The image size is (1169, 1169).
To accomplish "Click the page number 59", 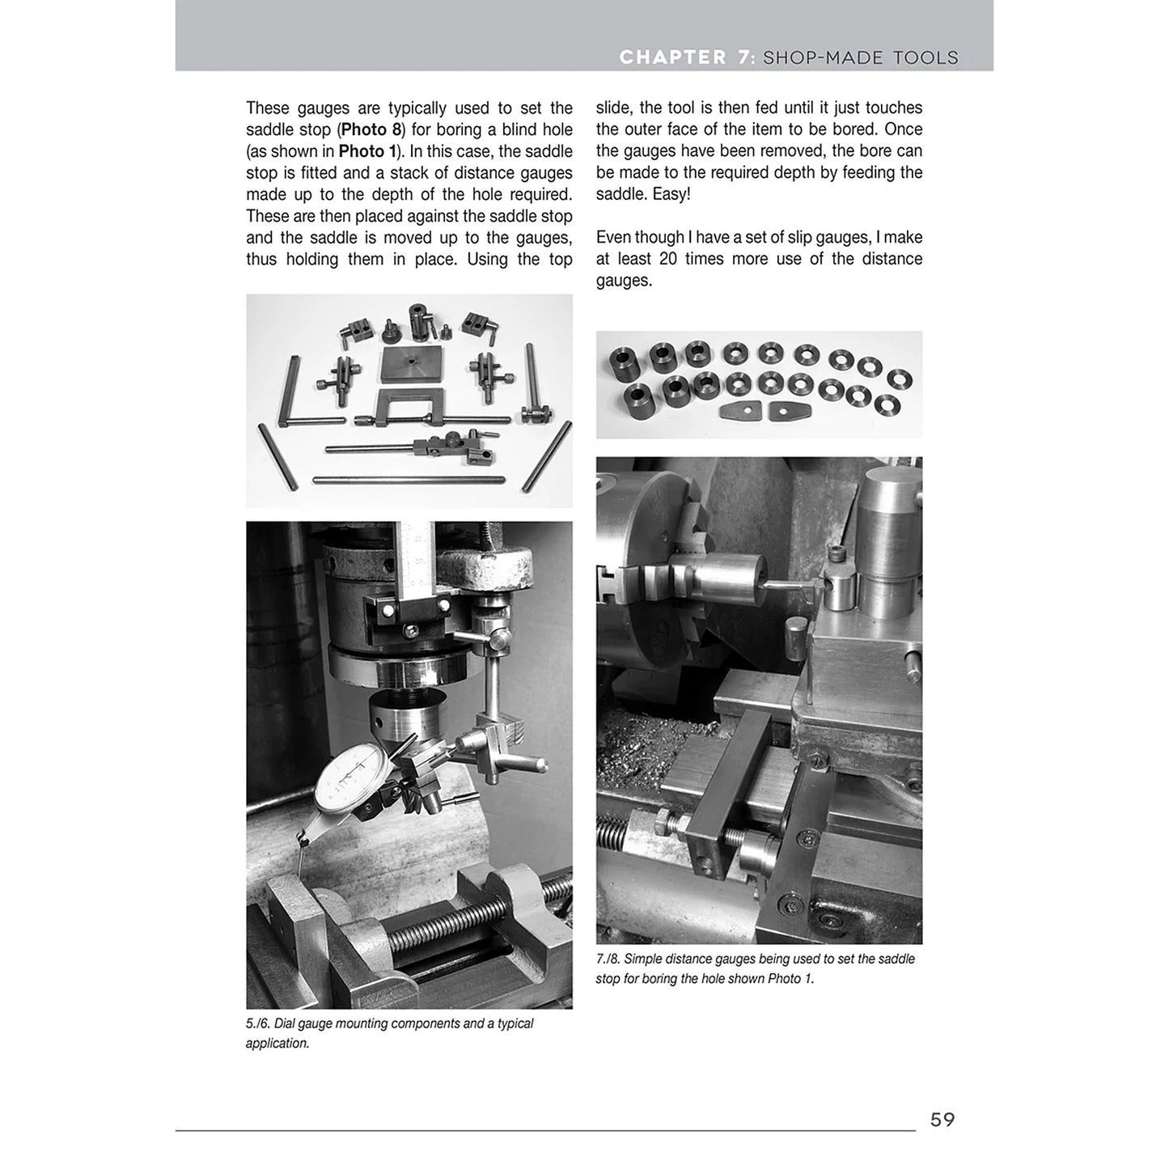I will (x=942, y=1120).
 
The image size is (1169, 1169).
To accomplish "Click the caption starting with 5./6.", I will (x=389, y=1033).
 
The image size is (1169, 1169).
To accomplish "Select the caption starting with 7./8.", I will (x=756, y=968).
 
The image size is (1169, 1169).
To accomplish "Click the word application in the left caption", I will (x=277, y=1044).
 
